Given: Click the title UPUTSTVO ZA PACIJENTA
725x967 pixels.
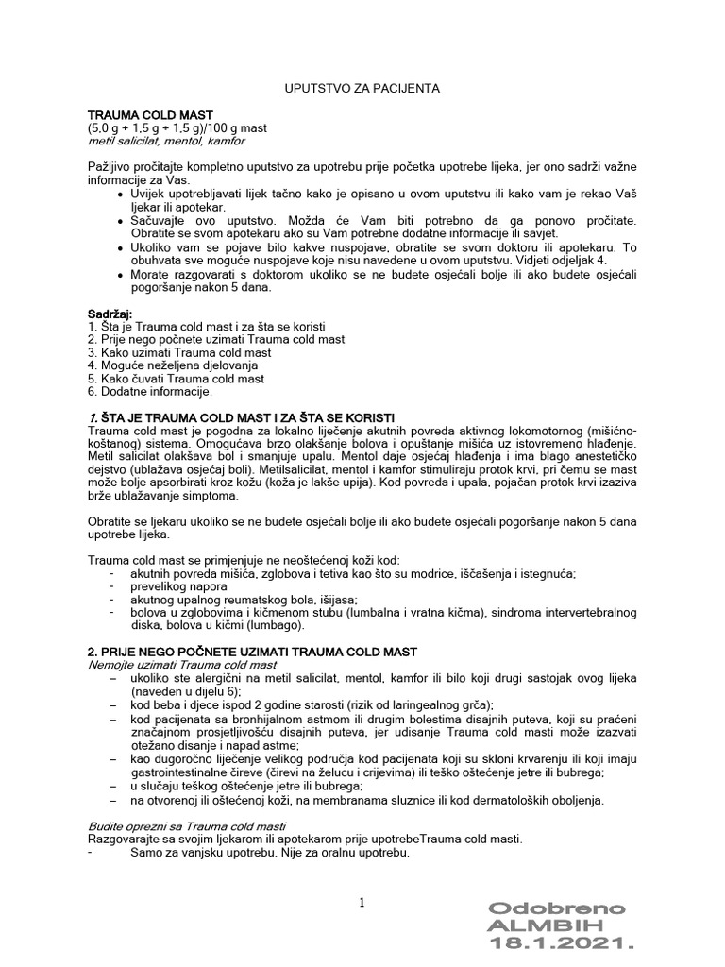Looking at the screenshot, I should pos(362,88).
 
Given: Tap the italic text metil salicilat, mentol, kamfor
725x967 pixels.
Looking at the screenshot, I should pos(165,141).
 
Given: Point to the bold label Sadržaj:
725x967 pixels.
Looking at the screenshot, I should pos(110,313).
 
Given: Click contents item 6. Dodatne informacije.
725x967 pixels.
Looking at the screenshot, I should pos(149,390).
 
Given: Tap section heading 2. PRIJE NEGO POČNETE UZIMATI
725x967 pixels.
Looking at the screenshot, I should pos(258,653).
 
